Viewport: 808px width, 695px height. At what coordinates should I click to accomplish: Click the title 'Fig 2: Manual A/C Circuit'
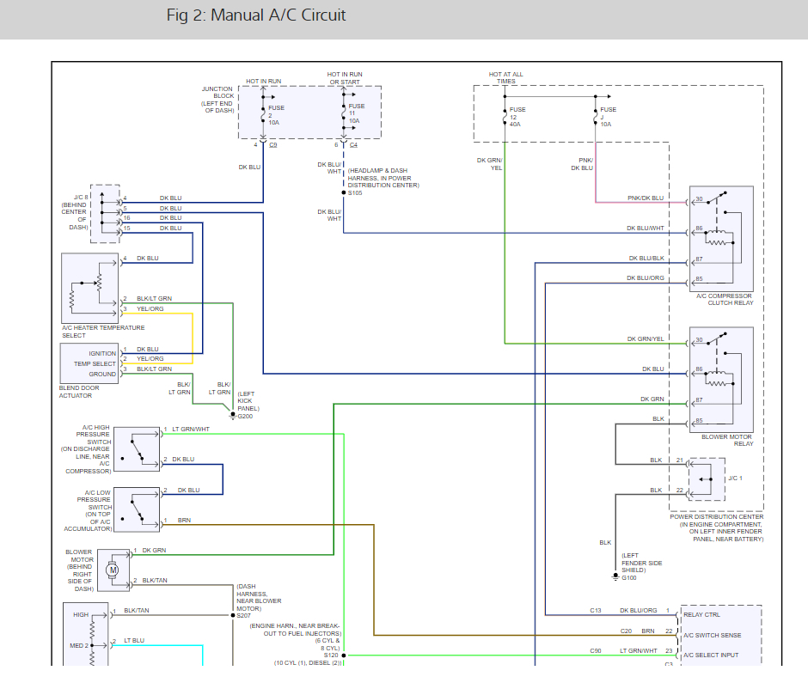pos(257,15)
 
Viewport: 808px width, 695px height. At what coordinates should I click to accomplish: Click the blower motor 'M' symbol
pos(112,570)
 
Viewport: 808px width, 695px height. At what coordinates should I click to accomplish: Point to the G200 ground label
pos(245,417)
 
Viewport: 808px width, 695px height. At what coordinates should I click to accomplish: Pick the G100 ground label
pos(629,577)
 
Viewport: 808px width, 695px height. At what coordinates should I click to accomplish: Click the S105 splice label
pos(356,192)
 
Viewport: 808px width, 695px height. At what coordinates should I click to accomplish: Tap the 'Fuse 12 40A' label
pos(517,117)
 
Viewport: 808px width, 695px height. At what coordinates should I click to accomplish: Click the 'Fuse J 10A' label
pos(608,117)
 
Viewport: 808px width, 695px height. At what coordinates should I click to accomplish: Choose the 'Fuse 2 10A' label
pos(275,114)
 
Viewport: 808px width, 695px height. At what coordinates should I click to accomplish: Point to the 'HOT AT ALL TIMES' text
pos(505,78)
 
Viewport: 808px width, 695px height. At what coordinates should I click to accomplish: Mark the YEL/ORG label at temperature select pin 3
pos(150,308)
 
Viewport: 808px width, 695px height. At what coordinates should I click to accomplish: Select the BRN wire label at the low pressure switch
pos(184,521)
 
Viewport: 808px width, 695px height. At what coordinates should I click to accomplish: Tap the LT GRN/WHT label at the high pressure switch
pos(190,430)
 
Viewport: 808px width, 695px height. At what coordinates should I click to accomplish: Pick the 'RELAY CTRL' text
pos(701,614)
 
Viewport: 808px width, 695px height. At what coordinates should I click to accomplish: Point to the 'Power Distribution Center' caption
pos(715,517)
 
